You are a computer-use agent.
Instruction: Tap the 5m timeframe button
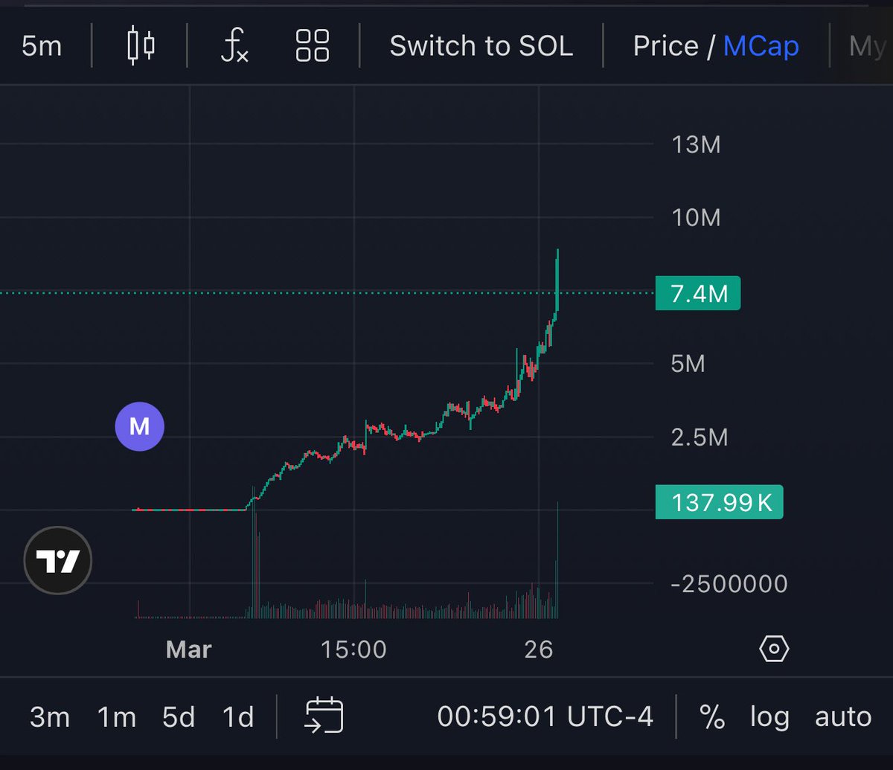42,46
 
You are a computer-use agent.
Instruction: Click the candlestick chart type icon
141,45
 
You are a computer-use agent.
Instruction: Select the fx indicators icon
234,45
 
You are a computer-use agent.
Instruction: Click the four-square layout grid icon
313,45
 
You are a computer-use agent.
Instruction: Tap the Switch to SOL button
481,46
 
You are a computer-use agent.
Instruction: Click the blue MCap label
761,46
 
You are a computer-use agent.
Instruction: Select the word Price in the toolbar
666,46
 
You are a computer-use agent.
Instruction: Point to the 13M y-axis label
696,144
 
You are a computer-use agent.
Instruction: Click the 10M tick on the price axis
696,218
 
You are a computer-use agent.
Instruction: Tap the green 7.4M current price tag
698,293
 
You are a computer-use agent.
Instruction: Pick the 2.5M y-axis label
700,437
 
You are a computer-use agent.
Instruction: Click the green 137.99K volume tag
719,502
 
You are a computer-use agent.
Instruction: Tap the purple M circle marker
140,427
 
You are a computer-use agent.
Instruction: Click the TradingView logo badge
58,560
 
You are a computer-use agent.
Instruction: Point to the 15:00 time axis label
353,649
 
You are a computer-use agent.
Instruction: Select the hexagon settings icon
774,649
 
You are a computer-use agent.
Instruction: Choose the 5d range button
179,717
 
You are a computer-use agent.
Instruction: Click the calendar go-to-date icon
324,715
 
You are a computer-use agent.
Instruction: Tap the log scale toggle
769,718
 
